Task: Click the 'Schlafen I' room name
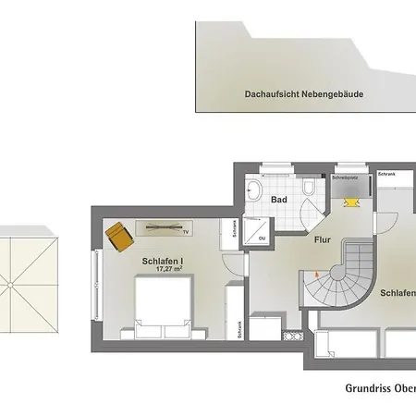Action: (x=162, y=262)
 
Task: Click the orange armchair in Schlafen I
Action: (x=117, y=237)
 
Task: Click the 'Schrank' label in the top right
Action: (x=387, y=173)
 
